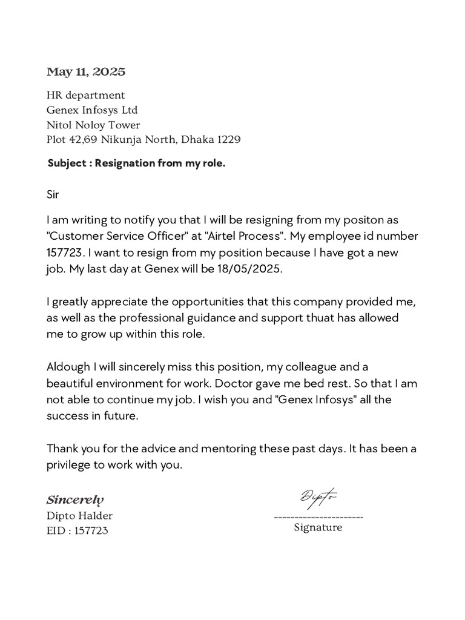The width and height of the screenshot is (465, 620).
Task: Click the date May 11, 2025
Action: pos(86,72)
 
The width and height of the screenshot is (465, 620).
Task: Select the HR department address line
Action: pos(86,95)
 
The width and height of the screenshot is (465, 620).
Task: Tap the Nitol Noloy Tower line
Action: pos(93,125)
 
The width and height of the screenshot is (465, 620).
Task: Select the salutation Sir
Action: pos(54,195)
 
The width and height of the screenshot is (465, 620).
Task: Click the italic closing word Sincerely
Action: pos(75,500)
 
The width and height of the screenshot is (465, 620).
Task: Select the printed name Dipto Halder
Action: pos(79,516)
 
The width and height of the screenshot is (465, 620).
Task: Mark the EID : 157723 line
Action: pos(78,531)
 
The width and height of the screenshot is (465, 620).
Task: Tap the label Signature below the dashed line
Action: pos(318,527)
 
